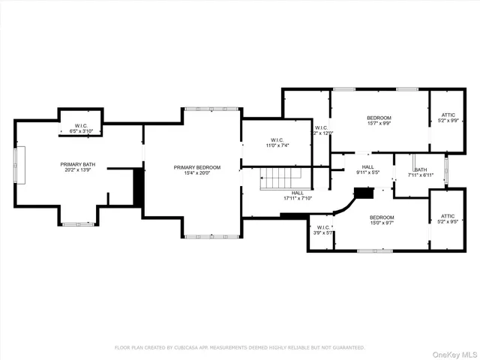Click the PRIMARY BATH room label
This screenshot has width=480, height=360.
(77, 163)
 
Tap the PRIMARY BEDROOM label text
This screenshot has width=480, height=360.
(197, 167)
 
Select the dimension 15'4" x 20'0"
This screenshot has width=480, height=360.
(197, 174)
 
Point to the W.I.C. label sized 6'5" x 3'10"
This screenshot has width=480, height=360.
(80, 125)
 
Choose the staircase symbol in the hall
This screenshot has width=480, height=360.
(280, 178)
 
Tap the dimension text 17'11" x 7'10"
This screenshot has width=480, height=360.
(280, 199)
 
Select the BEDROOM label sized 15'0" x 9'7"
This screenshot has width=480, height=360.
(381, 217)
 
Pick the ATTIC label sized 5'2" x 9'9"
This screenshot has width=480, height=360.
(448, 114)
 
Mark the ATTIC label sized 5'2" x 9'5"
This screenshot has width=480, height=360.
(448, 216)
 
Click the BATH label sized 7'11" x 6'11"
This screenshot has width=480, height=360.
(421, 169)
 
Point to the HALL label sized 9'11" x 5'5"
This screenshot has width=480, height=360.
(367, 167)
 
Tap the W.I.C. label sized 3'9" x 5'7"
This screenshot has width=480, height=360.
(323, 227)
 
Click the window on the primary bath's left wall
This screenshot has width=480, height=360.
(21, 165)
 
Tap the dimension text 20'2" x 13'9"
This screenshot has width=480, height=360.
(77, 170)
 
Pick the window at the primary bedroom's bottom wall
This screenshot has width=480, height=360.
(201, 236)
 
